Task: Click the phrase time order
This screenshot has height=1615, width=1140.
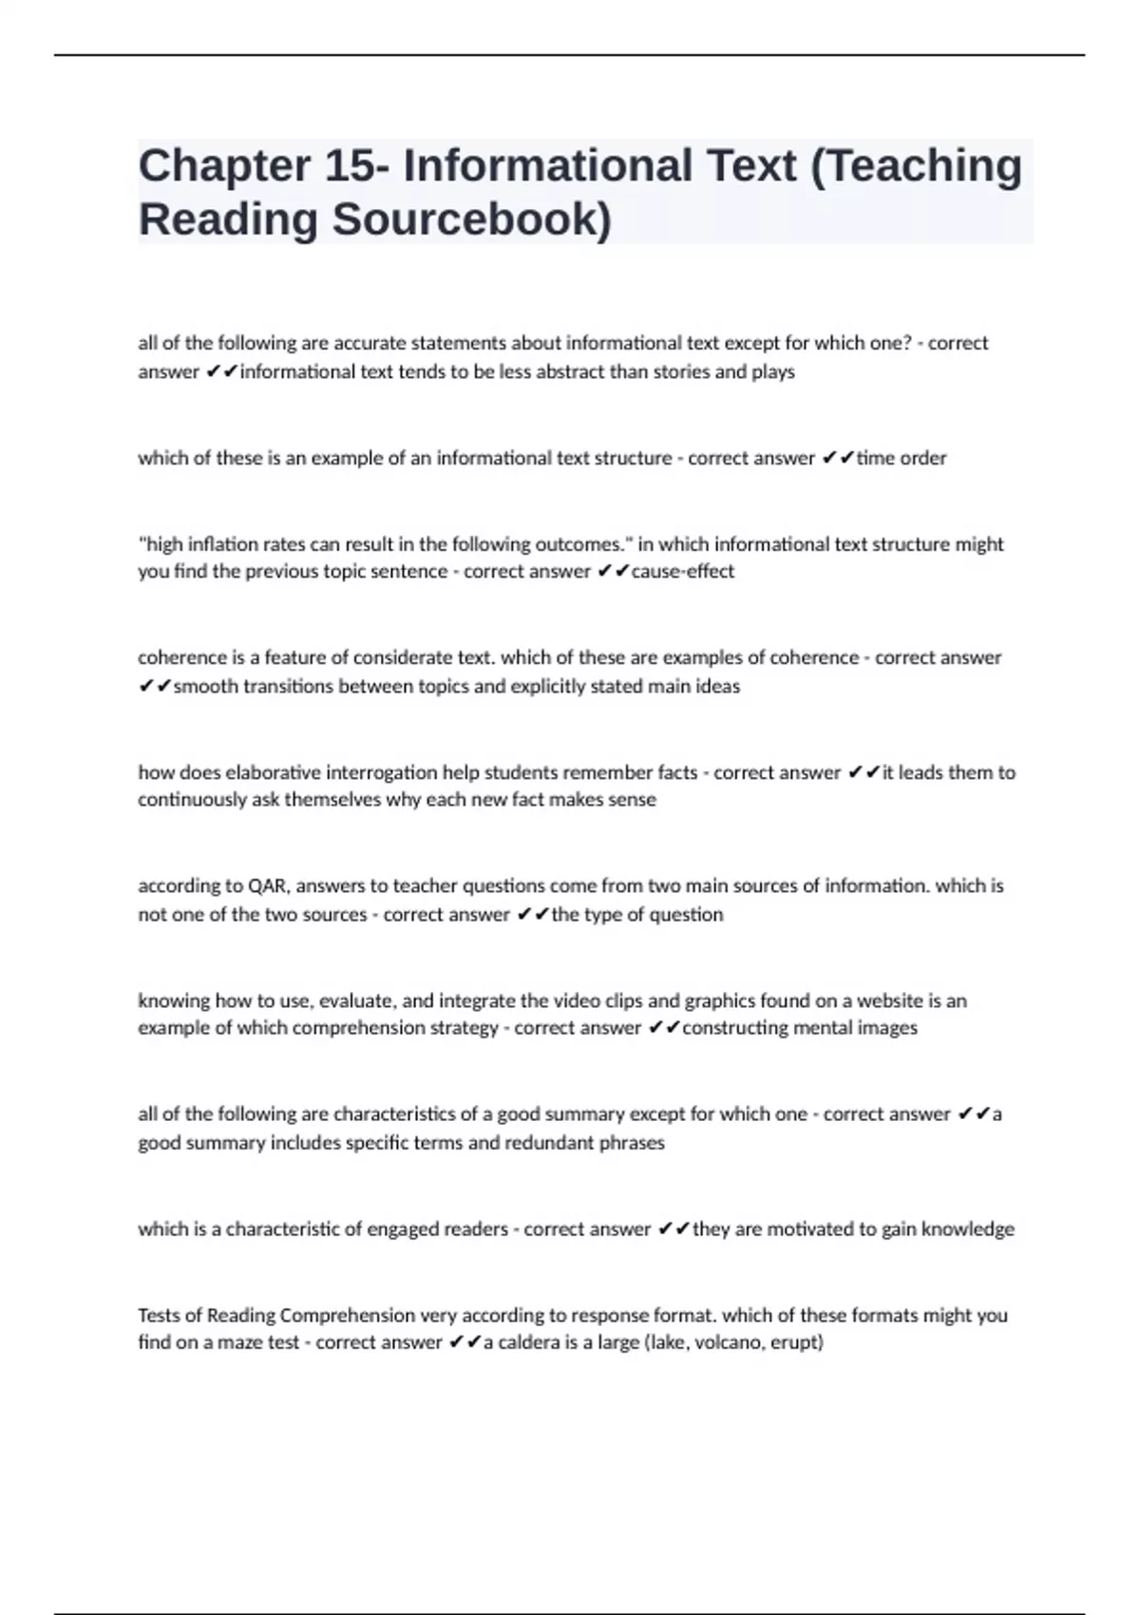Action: click(x=902, y=458)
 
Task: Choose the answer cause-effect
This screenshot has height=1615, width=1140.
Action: click(x=683, y=571)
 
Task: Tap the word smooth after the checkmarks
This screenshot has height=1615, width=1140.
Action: click(x=204, y=686)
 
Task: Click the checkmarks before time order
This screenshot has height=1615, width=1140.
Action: click(x=837, y=458)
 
